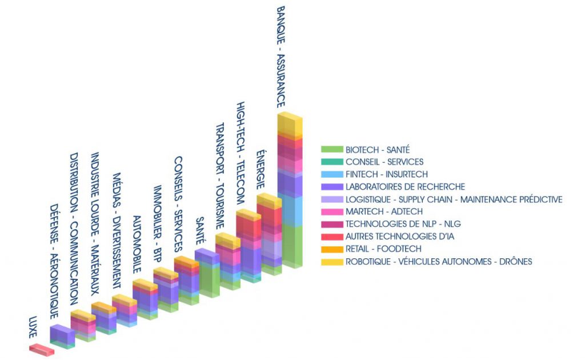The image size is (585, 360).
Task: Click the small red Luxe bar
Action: coord(42,350)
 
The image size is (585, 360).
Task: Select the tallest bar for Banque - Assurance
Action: coord(290,190)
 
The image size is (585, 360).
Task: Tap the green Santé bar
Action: coord(207,273)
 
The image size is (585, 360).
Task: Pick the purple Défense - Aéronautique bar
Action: coord(62,337)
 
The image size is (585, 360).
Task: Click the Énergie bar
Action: coord(269,234)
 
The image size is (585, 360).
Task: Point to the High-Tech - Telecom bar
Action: coord(249,246)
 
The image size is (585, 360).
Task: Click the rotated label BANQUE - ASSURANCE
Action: coord(281,57)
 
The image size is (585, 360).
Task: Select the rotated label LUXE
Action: coord(33,327)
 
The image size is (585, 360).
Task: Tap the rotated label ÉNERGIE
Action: coord(261,170)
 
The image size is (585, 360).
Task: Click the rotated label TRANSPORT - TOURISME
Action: coord(220,175)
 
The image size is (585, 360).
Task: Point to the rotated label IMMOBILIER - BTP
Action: coord(158,224)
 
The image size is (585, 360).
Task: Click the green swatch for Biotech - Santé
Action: coord(332,149)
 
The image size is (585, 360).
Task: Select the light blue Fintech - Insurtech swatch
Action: coord(332,174)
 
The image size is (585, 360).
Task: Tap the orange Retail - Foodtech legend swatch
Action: coord(332,249)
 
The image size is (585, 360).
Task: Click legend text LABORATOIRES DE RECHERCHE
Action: coord(405,186)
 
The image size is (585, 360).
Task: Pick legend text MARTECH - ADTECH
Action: coord(384,211)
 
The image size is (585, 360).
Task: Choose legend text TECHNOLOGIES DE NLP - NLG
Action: coord(403,224)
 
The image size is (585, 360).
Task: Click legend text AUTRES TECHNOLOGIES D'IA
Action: coord(399,236)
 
